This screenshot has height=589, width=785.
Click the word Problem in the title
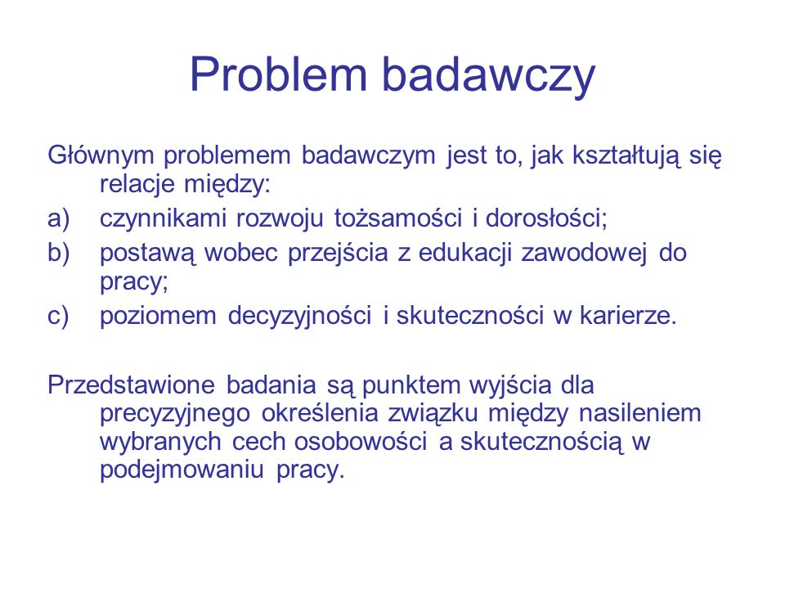point(278,74)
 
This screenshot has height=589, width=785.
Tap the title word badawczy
point(489,75)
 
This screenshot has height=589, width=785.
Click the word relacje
point(137,184)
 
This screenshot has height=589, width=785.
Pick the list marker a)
point(59,219)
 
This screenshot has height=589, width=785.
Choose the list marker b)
point(59,253)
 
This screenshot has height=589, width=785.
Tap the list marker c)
point(58,317)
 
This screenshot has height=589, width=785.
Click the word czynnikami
point(163,219)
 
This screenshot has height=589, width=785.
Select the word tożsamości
point(398,218)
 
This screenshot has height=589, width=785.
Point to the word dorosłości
point(545,218)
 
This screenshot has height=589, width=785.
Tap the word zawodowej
point(585,253)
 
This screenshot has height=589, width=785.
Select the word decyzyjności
point(299,317)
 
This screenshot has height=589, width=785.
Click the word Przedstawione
point(131,385)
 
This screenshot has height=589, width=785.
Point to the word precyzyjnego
point(175,415)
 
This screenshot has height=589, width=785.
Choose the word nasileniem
point(639,413)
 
